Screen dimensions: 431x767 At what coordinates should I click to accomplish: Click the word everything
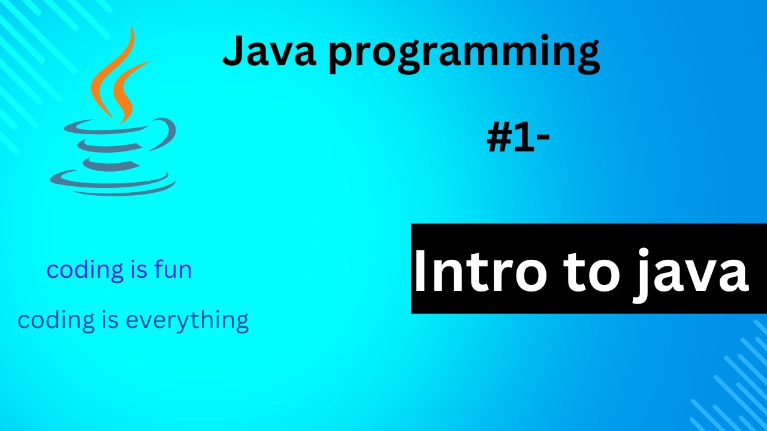point(187,321)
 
